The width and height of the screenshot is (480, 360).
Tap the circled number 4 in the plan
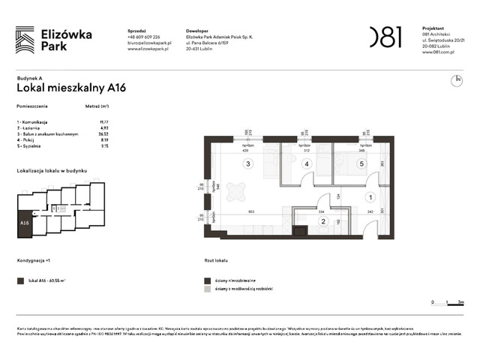306,163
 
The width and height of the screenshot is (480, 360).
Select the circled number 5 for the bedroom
361,163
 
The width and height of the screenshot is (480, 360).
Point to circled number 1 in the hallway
370,197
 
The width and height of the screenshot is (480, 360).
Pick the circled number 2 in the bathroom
323,221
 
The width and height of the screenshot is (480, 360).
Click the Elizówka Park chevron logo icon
25,39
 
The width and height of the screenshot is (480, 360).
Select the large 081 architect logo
385,37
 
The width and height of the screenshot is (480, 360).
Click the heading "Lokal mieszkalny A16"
71,88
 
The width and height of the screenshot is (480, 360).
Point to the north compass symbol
457,80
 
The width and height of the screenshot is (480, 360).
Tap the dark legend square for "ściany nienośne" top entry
208,280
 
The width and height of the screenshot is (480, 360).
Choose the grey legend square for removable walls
208,289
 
